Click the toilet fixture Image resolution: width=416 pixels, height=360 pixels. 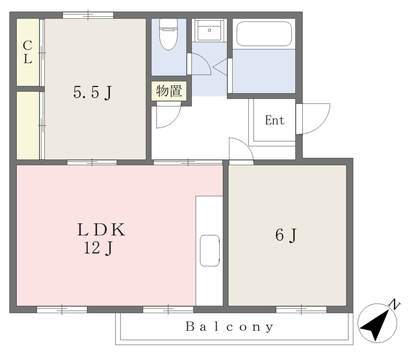point(168,34)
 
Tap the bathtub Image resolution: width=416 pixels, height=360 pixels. point(264,34)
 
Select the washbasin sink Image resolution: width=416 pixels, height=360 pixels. point(209,30)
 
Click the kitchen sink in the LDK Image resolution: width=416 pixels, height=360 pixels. point(209,250)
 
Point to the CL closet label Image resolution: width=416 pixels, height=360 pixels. point(27,52)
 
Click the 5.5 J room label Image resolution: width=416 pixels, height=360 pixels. point(92,92)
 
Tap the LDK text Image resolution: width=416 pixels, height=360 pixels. point(101,230)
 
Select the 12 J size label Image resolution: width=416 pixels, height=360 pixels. point(98,249)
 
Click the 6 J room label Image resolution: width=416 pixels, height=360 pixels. point(286,235)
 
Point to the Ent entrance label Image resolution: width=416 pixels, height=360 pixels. point(274,120)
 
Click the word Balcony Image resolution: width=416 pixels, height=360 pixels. point(229,327)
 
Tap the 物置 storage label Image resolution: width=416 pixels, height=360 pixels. point(169,91)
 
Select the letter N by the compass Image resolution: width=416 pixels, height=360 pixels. point(395,304)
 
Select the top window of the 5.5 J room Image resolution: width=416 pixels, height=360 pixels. point(88,15)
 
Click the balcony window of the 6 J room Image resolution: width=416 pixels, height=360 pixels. point(301,309)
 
